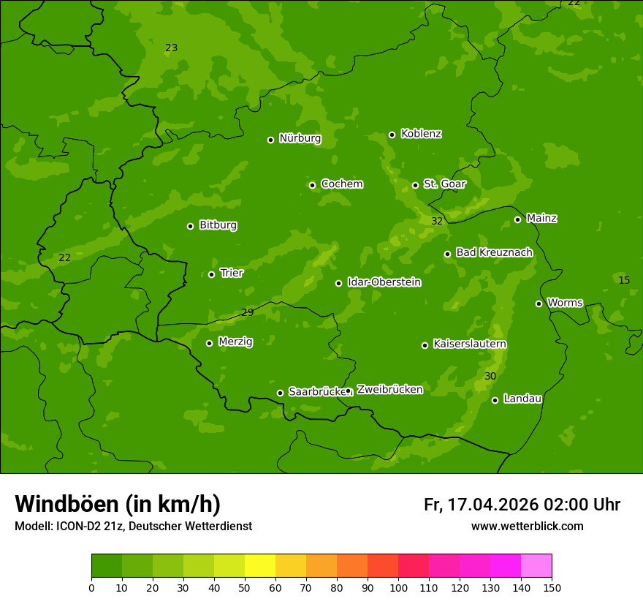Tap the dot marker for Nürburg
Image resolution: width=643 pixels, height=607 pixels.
[270, 140]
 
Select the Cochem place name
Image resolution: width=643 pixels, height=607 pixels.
[341, 184]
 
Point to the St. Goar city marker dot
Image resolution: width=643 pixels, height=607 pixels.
[415, 185]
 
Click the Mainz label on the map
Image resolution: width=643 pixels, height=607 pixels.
[541, 219]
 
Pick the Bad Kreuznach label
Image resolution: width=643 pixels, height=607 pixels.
[494, 253]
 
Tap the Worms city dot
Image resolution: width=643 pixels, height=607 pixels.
[539, 303]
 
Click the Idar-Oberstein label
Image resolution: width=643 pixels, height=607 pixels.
[384, 282]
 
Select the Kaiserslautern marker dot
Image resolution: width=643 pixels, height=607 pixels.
[425, 345]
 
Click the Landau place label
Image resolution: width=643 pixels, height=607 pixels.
[522, 399]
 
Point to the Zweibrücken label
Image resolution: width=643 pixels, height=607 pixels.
[389, 390]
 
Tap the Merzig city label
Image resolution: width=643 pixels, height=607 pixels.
[235, 342]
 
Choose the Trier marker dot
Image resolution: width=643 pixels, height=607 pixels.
[211, 274]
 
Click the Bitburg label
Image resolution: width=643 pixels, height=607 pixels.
[218, 225]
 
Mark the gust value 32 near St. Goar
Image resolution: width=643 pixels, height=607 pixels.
[437, 221]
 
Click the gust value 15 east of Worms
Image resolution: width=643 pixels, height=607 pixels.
[624, 280]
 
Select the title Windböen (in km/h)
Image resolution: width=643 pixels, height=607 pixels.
[118, 504]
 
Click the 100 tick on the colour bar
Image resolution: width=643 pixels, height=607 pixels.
[398, 587]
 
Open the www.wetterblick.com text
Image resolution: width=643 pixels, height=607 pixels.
[527, 526]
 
